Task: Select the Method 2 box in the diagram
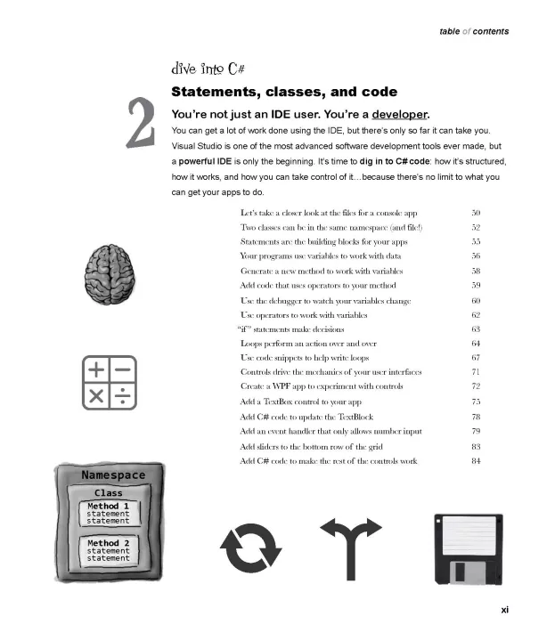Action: tap(109, 550)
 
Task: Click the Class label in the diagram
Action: tap(109, 492)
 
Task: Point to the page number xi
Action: tap(504, 610)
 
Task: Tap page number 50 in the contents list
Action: tap(476, 213)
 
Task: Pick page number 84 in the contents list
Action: tap(476, 460)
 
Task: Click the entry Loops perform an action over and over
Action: tap(309, 343)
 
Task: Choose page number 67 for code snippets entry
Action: tap(476, 357)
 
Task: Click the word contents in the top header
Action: tap(491, 31)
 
